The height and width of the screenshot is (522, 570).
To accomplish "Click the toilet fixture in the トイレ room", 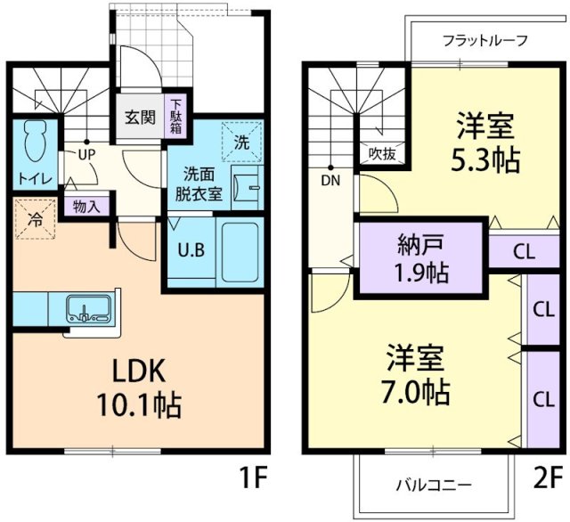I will pos(37,140).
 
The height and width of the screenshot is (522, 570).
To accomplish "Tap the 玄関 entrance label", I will pos(138,117).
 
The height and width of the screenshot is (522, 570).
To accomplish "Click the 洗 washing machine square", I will pos(242,141).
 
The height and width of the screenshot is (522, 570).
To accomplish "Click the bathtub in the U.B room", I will pos(239,250).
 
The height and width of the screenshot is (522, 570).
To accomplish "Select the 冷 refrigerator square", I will pos(35,216).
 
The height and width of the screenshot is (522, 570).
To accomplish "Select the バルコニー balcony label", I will pos(434,485).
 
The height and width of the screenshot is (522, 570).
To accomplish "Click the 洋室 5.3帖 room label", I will pos(484,143).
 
